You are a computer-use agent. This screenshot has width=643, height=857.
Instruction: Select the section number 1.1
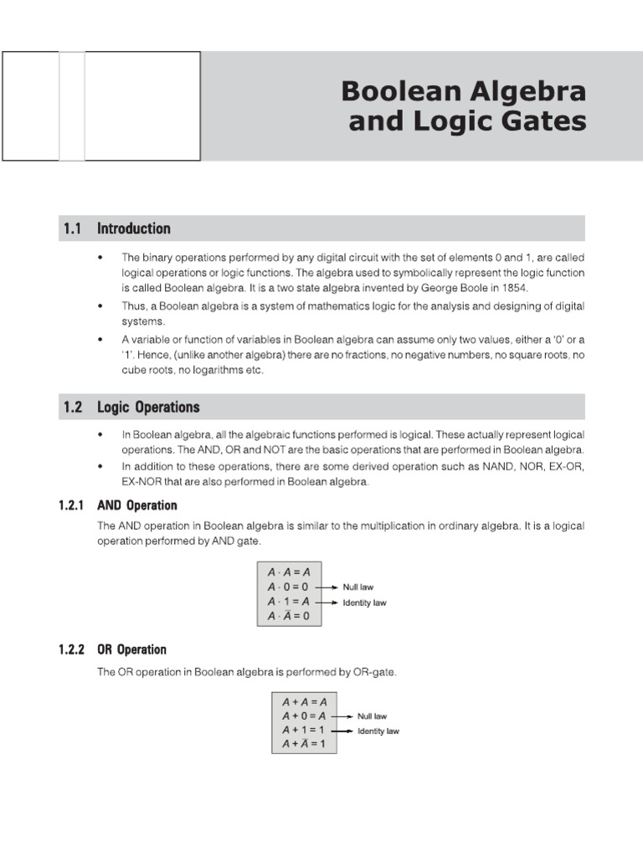click(x=72, y=228)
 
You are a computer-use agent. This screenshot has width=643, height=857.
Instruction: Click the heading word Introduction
click(x=134, y=228)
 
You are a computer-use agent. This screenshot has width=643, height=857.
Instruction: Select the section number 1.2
click(x=72, y=408)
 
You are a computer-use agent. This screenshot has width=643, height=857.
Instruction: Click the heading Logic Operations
click(x=148, y=408)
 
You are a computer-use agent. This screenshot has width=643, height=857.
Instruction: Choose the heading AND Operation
click(x=137, y=505)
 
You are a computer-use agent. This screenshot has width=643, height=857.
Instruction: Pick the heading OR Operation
click(x=132, y=649)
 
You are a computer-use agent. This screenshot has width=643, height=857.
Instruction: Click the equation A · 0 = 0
click(x=288, y=588)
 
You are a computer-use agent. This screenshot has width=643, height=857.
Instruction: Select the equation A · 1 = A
click(x=288, y=602)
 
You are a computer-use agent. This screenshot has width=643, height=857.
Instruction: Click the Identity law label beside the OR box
click(x=378, y=731)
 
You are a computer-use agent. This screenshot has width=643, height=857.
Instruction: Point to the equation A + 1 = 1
click(x=303, y=730)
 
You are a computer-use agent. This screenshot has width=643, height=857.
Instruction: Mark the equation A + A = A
click(x=303, y=702)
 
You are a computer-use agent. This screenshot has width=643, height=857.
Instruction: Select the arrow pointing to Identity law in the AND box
click(x=327, y=602)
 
